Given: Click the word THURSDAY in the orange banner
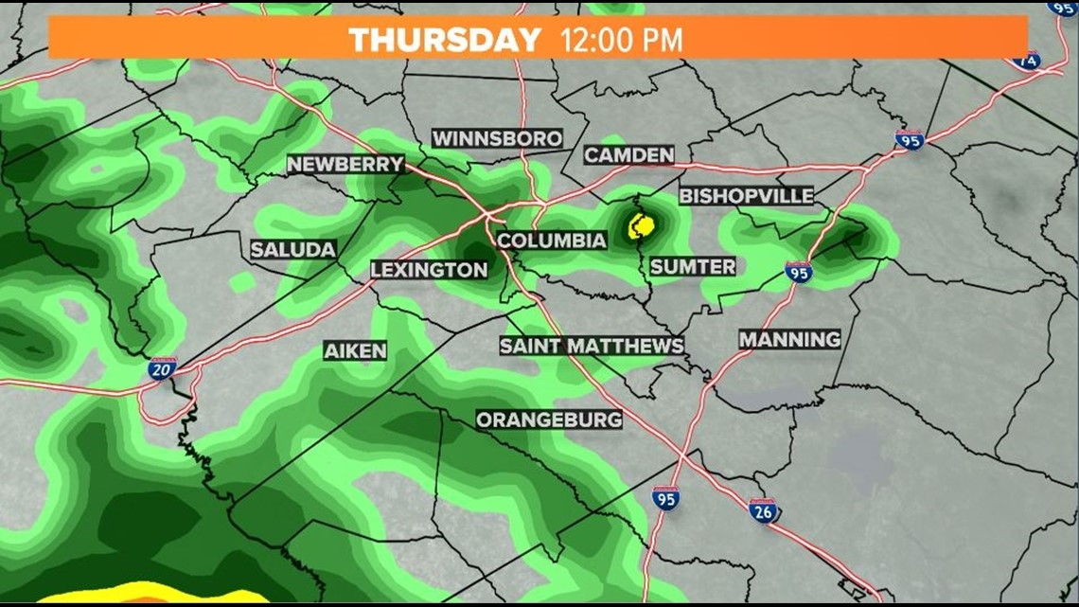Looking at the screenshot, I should click(x=444, y=40).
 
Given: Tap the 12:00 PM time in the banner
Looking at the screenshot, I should click(x=621, y=40).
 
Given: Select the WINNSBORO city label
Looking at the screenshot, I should click(x=497, y=138).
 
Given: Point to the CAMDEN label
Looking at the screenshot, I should click(x=628, y=155).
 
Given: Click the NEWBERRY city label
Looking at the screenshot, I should click(x=345, y=164).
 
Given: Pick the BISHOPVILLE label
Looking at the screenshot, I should click(x=746, y=196).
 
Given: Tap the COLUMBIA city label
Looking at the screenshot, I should click(x=551, y=241).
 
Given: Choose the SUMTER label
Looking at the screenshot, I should click(x=692, y=267).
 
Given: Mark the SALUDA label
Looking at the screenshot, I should click(x=293, y=250).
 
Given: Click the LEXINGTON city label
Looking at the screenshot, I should click(x=429, y=270).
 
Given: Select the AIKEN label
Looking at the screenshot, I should click(x=355, y=350).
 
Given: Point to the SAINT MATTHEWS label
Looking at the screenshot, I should click(x=592, y=346).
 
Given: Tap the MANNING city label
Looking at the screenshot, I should click(x=789, y=339).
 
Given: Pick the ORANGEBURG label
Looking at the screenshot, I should click(x=549, y=419).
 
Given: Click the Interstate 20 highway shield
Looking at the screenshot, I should click(x=161, y=368).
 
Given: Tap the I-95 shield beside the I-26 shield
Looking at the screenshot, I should click(x=665, y=498).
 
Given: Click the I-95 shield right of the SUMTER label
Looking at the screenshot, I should click(x=798, y=273).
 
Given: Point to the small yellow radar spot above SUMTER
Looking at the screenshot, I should click(x=641, y=225).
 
